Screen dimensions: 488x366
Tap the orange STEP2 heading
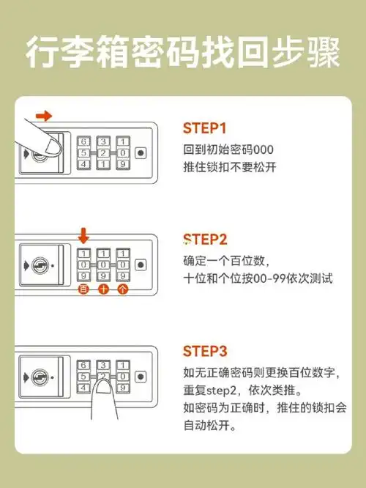point(206,240)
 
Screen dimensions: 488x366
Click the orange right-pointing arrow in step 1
point(44,116)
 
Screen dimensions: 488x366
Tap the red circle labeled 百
point(83,289)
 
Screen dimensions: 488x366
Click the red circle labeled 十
point(102,289)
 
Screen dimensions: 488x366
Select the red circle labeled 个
point(122,289)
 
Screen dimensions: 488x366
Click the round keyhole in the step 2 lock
point(42,265)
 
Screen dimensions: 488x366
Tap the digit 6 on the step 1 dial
point(83,141)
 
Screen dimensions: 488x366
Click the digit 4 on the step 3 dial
point(83,388)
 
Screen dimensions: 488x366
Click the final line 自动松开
point(206,426)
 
